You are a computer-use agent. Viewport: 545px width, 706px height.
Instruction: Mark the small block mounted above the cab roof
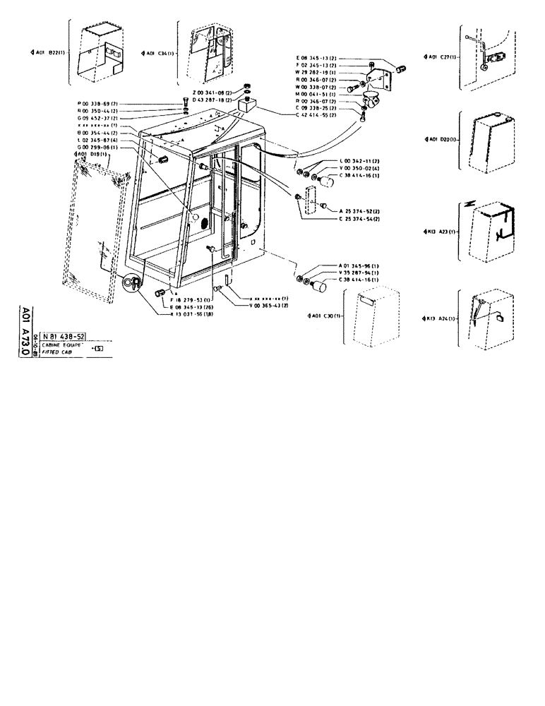pyautogui.click(x=246, y=106)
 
